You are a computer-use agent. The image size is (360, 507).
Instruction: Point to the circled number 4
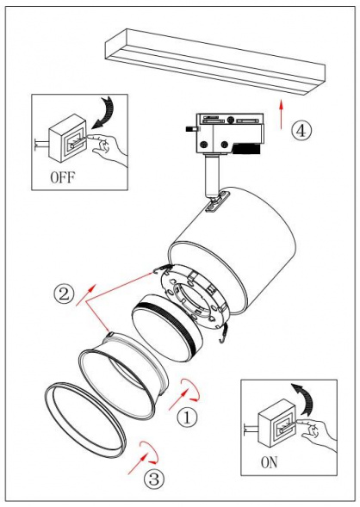click(300, 132)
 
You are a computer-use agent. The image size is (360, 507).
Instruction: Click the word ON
click(268, 462)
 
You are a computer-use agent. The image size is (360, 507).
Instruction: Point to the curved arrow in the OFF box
click(108, 109)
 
